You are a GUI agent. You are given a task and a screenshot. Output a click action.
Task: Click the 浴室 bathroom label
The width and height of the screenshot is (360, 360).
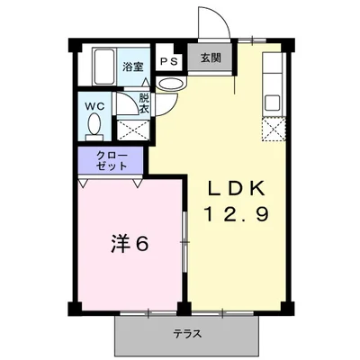[133, 66]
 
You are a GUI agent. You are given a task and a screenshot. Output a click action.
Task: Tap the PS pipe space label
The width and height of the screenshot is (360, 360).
[168, 61]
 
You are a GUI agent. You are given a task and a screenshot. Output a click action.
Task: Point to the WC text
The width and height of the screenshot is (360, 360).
[94, 106]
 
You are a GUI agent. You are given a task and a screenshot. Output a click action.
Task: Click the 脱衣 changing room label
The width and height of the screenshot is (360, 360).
[142, 102]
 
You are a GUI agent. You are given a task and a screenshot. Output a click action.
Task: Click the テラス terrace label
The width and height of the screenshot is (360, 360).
[187, 334]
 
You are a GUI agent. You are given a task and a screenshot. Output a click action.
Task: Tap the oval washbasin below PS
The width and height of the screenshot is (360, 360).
[168, 83]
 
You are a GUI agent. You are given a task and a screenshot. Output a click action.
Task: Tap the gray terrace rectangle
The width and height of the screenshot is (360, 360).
[187, 338]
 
